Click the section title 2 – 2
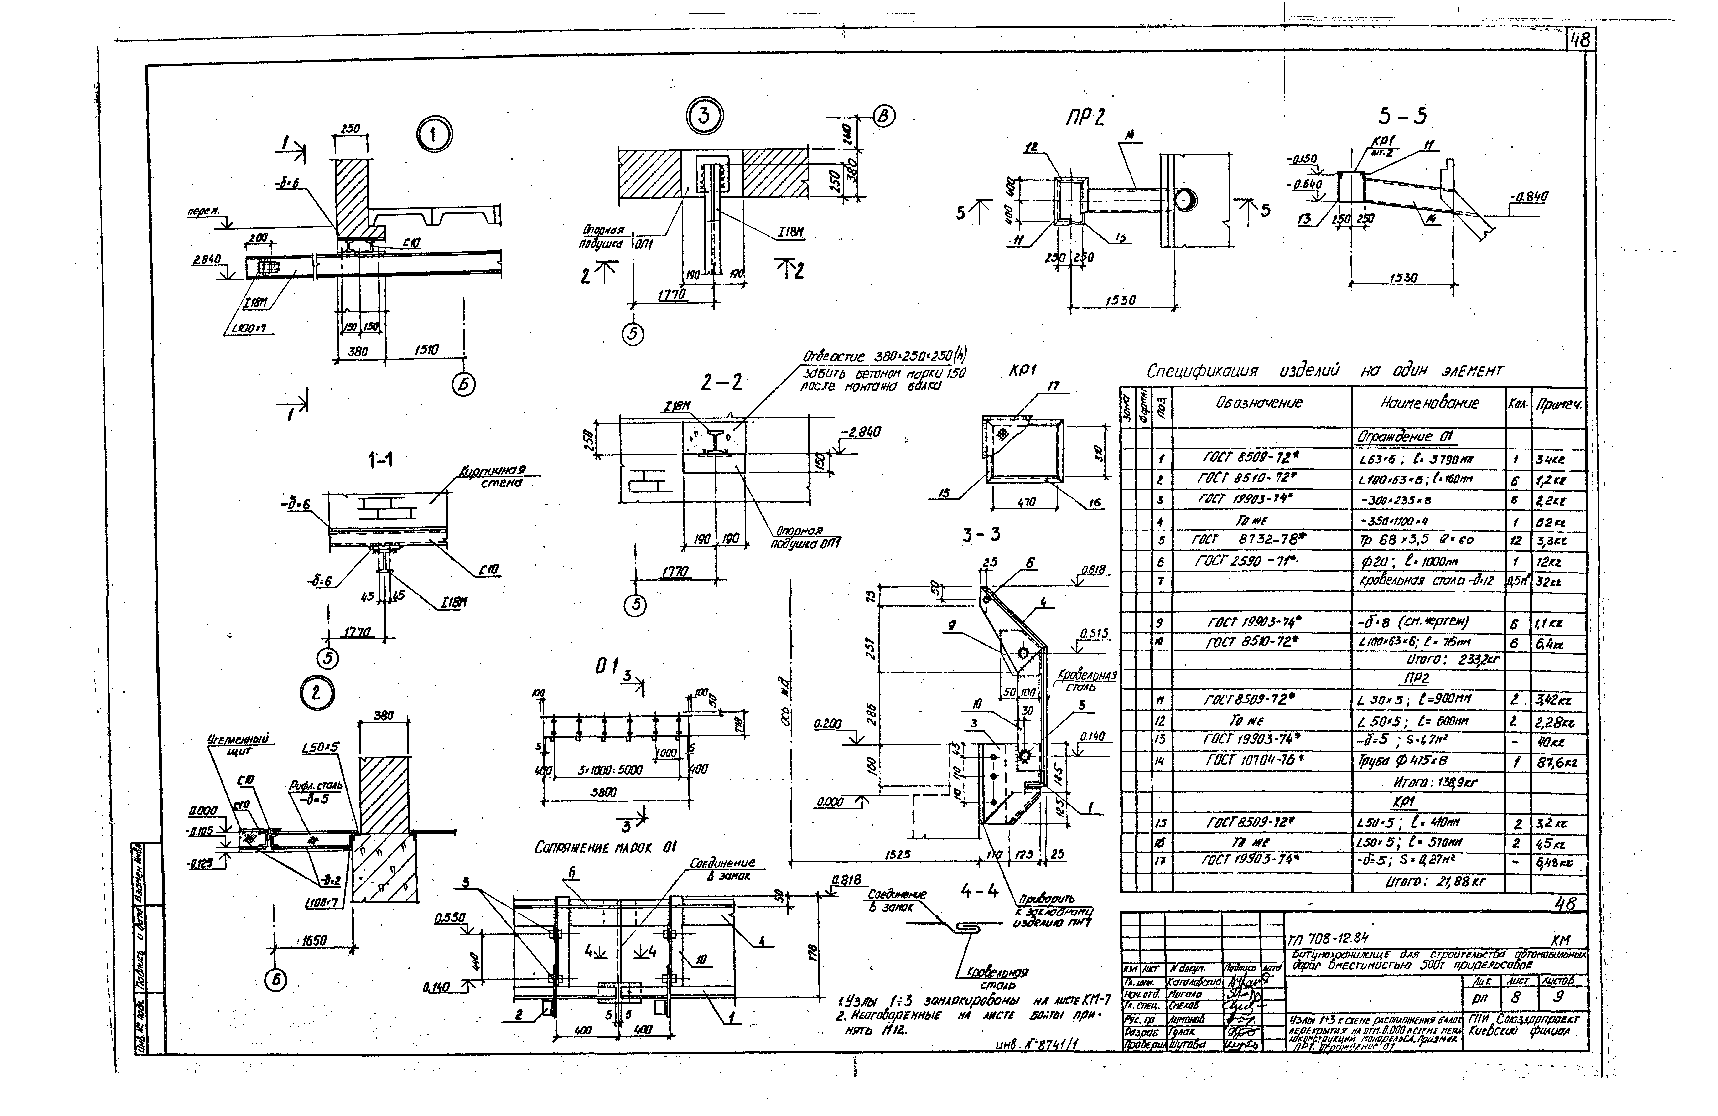[x=720, y=382]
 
